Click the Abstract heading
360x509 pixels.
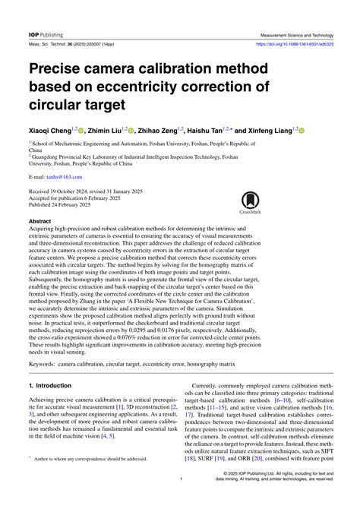click(x=39, y=222)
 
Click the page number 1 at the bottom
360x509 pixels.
click(x=181, y=501)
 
